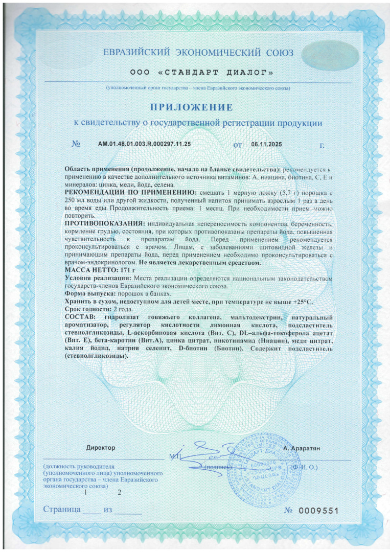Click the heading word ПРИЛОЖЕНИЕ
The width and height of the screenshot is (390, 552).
pos(191,107)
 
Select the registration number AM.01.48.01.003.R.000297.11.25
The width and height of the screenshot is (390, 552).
pos(144,145)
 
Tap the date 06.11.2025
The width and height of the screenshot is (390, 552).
pos(266,145)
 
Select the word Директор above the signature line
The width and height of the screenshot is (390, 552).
pos(101,447)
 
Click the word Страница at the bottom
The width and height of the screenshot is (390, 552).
pos(61,510)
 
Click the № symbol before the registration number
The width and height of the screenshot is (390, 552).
pos(76,145)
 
